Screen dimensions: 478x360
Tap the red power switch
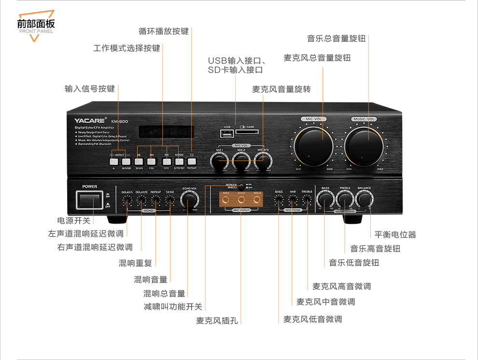point(89,200)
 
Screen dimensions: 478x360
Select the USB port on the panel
point(226,133)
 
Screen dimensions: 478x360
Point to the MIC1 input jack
point(226,200)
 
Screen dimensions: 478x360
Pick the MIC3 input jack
point(257,200)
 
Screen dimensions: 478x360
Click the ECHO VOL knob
point(189,200)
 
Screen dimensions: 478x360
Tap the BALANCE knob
point(364,199)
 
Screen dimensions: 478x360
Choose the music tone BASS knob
point(325,199)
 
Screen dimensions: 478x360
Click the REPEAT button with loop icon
point(192,161)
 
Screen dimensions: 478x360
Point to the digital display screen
point(166,132)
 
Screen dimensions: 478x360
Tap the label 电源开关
point(74,220)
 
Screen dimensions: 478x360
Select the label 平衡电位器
point(395,234)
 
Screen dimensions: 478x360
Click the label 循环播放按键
point(164,31)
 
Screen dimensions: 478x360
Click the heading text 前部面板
point(36,23)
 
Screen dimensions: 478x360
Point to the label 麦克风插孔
point(217,320)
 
